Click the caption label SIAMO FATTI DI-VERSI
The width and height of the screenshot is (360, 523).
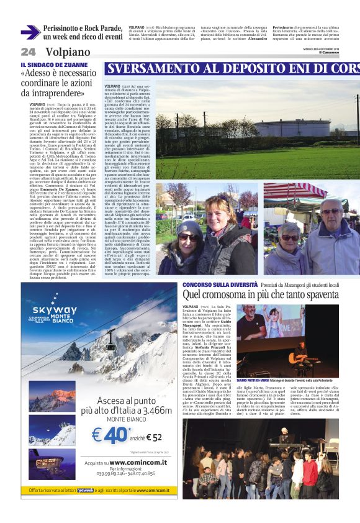pyautogui.click(x=254, y=381)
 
